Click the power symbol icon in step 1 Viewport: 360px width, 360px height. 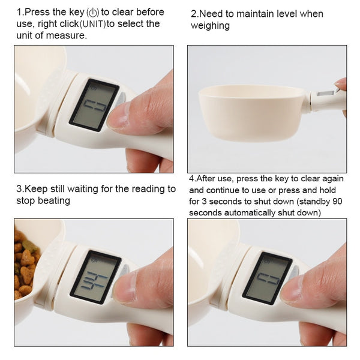[x=92, y=13]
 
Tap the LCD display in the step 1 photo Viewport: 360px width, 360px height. [x=94, y=104]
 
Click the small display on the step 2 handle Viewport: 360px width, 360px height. [x=326, y=94]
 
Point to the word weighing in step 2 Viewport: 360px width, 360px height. [x=211, y=25]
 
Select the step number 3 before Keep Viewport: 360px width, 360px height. [x=19, y=189]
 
